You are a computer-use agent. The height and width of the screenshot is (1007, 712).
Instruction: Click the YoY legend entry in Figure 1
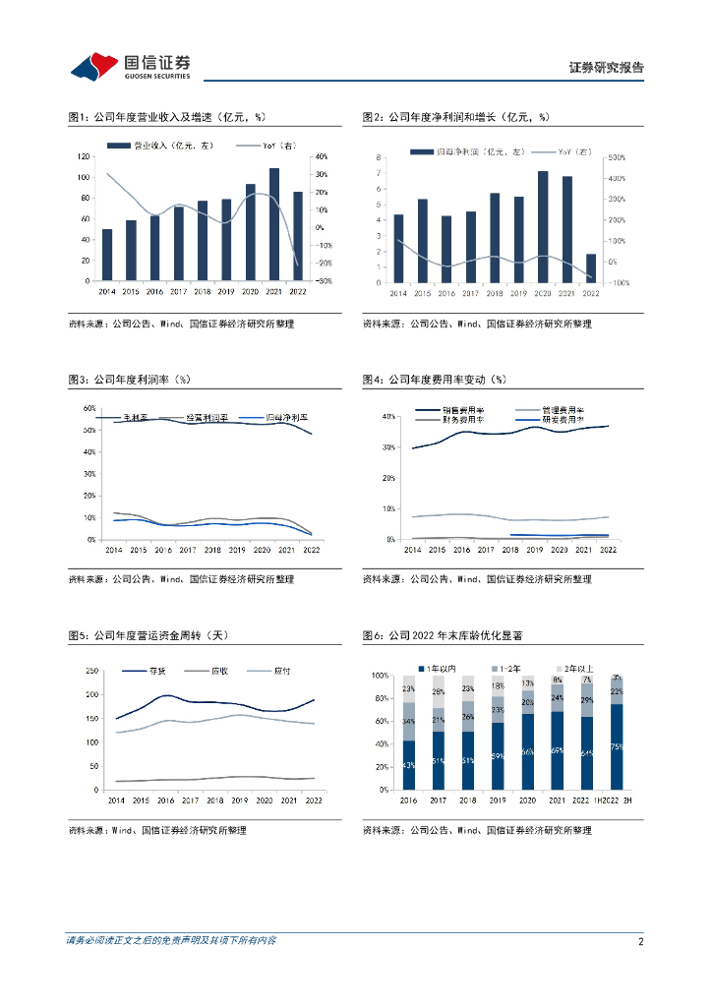(278, 146)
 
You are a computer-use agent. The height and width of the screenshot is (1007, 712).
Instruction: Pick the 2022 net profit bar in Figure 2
(590, 267)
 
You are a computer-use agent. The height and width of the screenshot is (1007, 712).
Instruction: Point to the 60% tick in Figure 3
(89, 408)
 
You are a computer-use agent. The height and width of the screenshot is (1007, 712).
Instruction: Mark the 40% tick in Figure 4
(388, 417)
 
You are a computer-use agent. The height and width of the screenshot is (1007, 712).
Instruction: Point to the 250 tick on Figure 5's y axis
(90, 671)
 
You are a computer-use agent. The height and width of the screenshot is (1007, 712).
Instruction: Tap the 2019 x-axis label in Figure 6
(498, 801)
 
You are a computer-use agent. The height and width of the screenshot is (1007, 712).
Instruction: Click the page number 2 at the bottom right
(640, 941)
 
